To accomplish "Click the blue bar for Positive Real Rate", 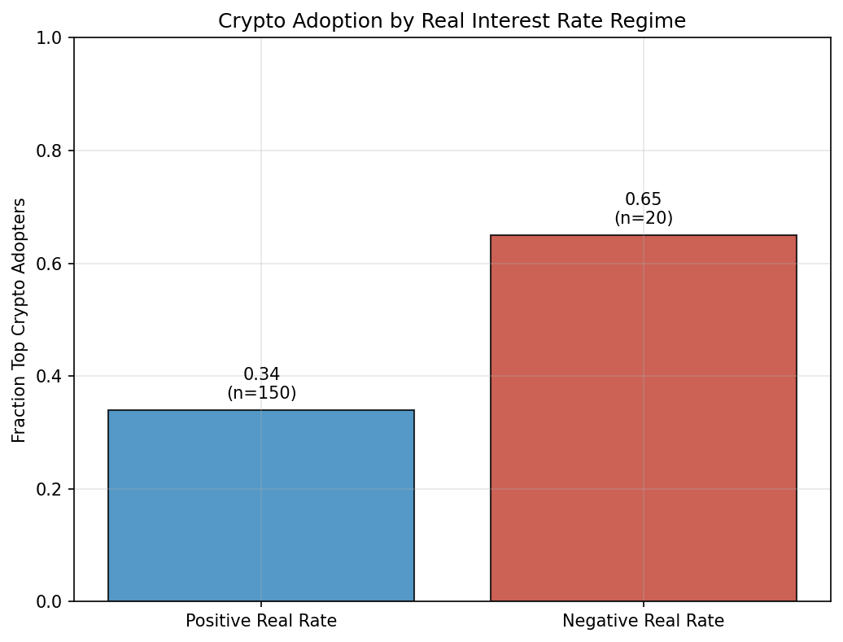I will [261, 505].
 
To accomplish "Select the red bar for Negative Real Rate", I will [643, 418].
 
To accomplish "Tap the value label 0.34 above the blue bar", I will [261, 374].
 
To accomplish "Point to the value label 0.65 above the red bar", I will [643, 199].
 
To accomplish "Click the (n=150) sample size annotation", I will [261, 393].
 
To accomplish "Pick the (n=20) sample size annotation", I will [643, 218].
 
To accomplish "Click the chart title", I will [452, 22].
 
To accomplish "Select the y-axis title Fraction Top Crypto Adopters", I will [20, 320].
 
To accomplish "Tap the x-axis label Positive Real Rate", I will [261, 621].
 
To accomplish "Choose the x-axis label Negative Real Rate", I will [643, 621].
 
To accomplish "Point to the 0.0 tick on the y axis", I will [54, 602].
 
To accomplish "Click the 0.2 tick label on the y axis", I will [54, 489].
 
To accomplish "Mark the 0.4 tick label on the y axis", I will [54, 377].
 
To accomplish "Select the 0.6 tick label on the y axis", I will [54, 264].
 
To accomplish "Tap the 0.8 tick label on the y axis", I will [54, 151].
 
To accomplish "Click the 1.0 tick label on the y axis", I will [54, 38].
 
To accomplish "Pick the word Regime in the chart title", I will [657, 22].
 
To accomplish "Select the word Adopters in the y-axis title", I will [20, 229].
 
